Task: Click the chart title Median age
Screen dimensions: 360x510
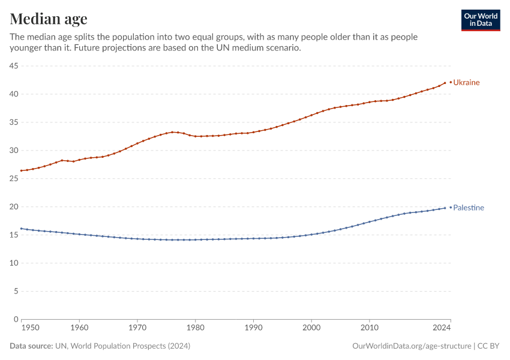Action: tap(49, 19)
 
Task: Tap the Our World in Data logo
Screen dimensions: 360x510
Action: tap(480, 20)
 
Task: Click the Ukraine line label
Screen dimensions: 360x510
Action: tap(466, 82)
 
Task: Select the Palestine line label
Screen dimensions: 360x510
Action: tap(468, 208)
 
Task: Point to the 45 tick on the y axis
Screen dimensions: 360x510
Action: tap(13, 66)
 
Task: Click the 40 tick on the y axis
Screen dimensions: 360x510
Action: tap(13, 94)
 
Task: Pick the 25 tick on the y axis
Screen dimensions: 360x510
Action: tap(13, 179)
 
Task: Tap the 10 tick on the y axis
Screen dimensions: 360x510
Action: tap(13, 263)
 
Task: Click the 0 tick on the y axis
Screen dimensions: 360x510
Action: tap(15, 319)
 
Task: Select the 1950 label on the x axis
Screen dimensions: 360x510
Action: tap(31, 328)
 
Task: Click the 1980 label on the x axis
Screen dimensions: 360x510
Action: tap(195, 328)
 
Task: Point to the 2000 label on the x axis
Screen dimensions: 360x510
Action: tap(311, 328)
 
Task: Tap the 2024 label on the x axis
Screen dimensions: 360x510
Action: tap(442, 328)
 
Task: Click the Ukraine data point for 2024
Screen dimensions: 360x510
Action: tap(445, 83)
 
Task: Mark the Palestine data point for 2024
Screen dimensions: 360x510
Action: tap(445, 208)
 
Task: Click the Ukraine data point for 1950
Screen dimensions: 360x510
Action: tap(22, 170)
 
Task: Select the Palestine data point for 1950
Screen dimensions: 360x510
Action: tap(22, 229)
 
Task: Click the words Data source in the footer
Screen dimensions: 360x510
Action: tap(31, 346)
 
